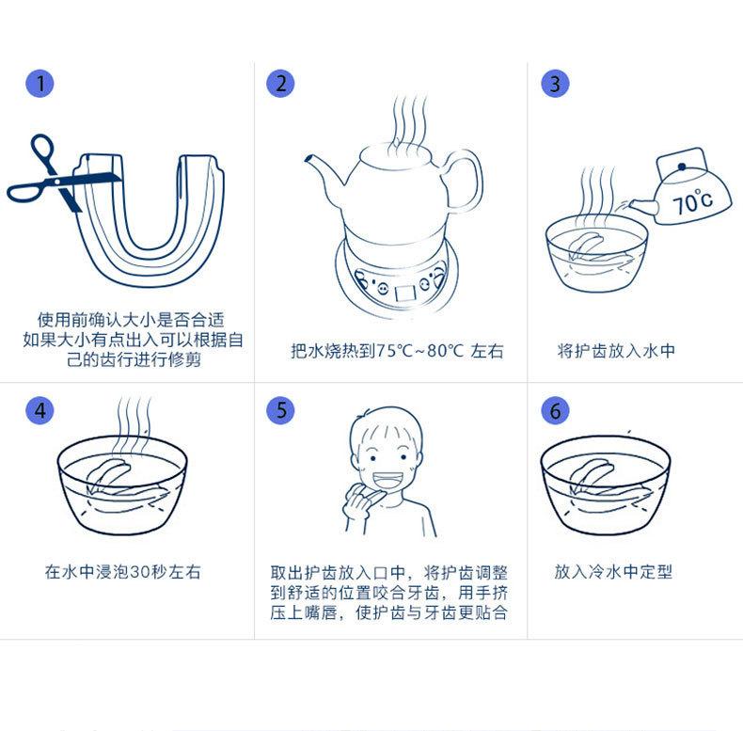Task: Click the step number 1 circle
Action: [40, 84]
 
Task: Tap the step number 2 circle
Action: [280, 84]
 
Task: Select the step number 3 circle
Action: [555, 84]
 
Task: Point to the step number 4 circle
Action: [40, 410]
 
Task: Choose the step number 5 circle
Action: [280, 410]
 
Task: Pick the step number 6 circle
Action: [555, 410]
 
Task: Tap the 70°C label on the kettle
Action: [692, 202]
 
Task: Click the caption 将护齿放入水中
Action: [616, 351]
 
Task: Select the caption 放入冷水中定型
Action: [613, 572]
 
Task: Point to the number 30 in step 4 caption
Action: [140, 572]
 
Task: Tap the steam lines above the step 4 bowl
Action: [134, 421]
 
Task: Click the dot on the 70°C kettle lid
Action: [682, 167]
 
